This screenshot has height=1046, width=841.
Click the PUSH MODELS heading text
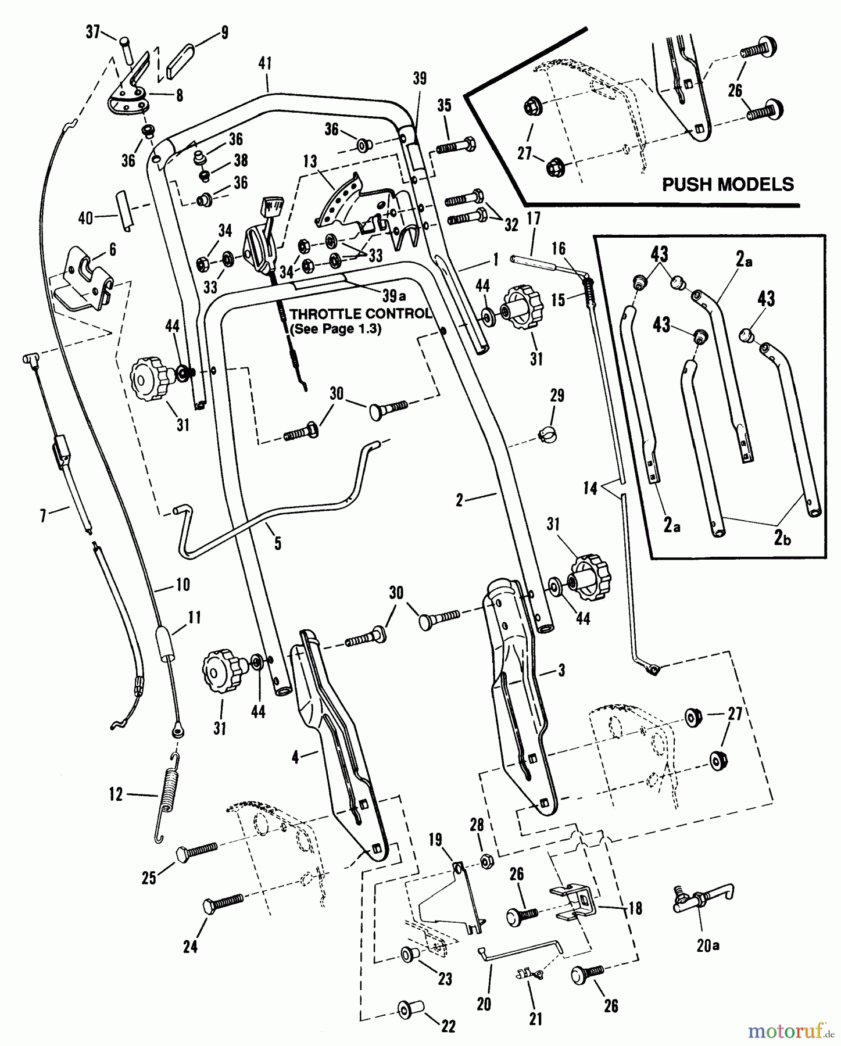728,185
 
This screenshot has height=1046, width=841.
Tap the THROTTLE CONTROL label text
360,314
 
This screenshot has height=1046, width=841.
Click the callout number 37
93,32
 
